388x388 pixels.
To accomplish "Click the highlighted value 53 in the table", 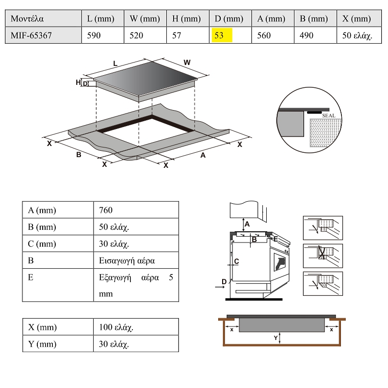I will [x=222, y=35].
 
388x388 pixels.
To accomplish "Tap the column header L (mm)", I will [x=101, y=19].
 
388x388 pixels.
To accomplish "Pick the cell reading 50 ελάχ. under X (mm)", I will [x=356, y=35].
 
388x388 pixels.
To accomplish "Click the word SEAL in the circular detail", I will [x=328, y=115].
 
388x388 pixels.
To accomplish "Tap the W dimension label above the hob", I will [x=187, y=62].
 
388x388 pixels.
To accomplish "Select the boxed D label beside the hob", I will [x=85, y=83].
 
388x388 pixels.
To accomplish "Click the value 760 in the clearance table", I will [x=105, y=210].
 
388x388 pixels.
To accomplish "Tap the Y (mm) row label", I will [x=42, y=344].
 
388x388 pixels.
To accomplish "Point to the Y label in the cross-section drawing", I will [x=275, y=338].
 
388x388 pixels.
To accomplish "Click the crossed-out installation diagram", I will [x=323, y=255].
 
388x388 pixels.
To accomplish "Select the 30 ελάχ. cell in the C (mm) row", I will [x=114, y=244].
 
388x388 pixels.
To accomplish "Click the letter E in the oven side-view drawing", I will [x=275, y=239].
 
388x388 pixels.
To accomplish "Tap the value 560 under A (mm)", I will [x=264, y=35].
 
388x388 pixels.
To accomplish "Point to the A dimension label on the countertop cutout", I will [x=203, y=155].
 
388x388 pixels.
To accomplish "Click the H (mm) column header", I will [x=186, y=19].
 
